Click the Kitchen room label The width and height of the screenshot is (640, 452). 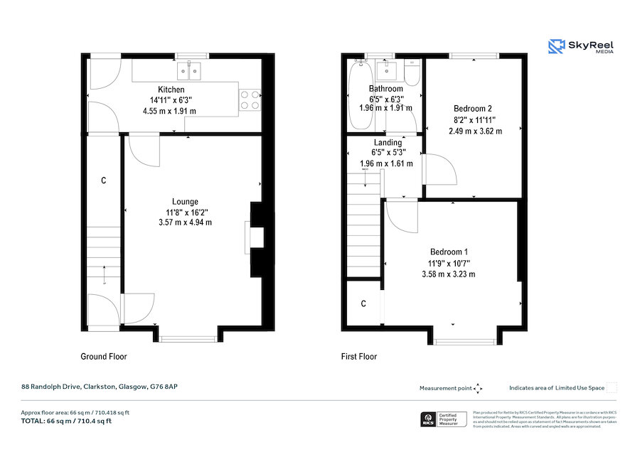(x=171, y=90)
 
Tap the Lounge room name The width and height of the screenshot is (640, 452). (x=185, y=201)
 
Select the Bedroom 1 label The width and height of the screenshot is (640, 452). (x=449, y=252)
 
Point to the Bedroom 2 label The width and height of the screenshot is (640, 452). (x=473, y=109)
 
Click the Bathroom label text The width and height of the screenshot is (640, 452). (x=385, y=89)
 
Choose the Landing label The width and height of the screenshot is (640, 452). (x=388, y=143)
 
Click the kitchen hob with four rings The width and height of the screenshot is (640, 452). (x=250, y=99)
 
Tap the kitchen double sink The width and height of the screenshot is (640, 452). (x=191, y=70)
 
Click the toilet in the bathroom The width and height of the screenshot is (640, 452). (x=412, y=71)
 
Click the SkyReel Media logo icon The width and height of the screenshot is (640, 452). (x=555, y=47)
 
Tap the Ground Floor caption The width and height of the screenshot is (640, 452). (x=103, y=357)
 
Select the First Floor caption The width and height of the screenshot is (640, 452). (x=359, y=357)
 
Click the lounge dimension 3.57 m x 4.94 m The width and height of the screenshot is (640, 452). (x=185, y=222)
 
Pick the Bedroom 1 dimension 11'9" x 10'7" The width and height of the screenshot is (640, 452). (x=449, y=263)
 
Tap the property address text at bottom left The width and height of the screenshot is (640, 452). (x=98, y=387)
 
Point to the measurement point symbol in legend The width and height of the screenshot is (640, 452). (x=478, y=388)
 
